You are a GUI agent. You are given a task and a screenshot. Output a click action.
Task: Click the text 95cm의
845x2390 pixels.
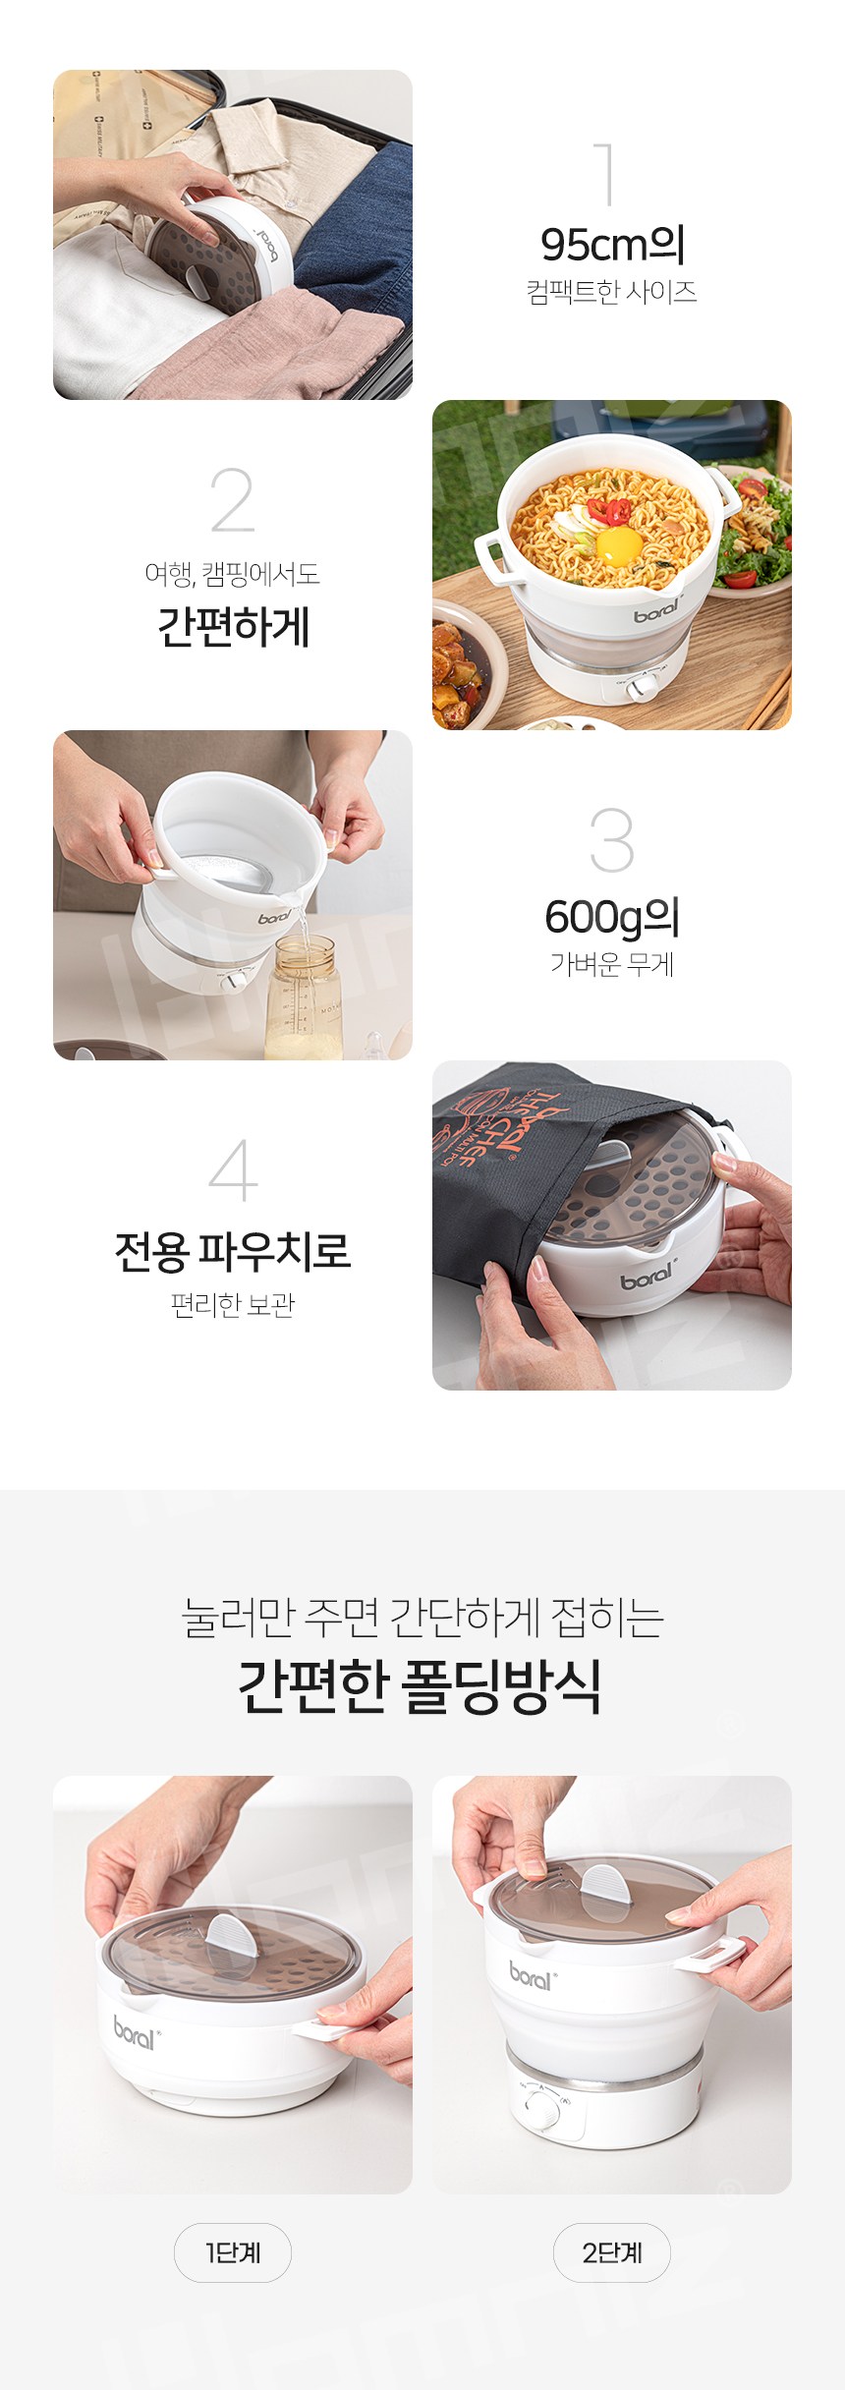tap(612, 245)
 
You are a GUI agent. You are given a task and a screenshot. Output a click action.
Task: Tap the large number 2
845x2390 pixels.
tap(232, 499)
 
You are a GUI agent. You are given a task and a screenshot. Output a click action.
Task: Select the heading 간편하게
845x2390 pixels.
tap(233, 626)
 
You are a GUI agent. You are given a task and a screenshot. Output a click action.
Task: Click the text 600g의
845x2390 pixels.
tap(612, 918)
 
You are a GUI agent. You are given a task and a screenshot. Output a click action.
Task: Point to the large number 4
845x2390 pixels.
tap(233, 1169)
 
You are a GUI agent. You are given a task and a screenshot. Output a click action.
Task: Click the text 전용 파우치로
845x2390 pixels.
tap(233, 1251)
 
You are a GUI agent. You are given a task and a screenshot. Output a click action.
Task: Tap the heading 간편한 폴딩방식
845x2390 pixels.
tap(420, 1685)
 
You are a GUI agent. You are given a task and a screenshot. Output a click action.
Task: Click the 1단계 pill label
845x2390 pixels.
tap(233, 2252)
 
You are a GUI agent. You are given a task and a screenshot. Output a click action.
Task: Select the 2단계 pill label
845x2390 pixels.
tap(612, 2252)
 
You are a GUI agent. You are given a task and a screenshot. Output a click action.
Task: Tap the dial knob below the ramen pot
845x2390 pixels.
tap(645, 689)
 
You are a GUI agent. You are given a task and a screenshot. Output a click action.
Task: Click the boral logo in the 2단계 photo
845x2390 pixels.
tap(533, 1974)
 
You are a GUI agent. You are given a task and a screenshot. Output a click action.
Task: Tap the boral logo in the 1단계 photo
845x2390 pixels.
tap(135, 2031)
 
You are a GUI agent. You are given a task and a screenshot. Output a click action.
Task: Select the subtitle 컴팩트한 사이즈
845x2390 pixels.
tap(612, 292)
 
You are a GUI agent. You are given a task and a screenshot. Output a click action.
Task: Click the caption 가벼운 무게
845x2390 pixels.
tap(612, 965)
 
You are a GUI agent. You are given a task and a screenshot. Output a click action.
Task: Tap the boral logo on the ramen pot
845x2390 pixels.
tap(657, 610)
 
